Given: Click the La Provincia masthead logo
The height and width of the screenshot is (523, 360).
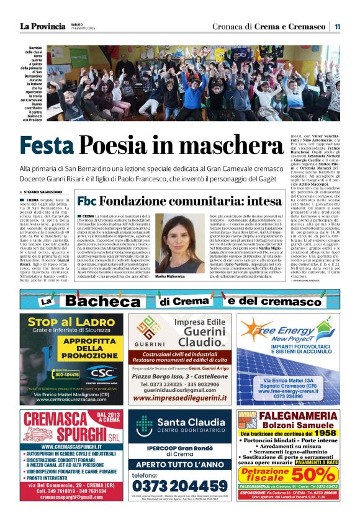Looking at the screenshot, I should click(x=42, y=26).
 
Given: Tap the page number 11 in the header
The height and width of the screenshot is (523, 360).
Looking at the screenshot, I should click(x=337, y=26).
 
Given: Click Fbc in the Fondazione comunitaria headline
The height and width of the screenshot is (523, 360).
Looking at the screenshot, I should click(x=86, y=201).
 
